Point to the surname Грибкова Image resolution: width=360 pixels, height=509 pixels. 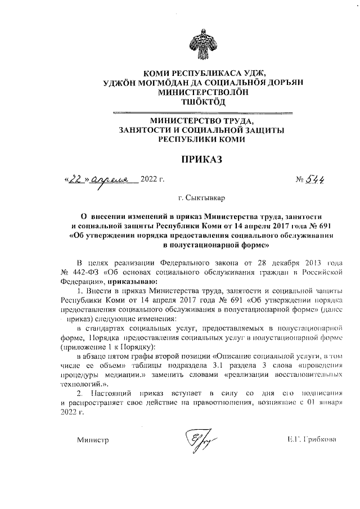click(322, 440)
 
